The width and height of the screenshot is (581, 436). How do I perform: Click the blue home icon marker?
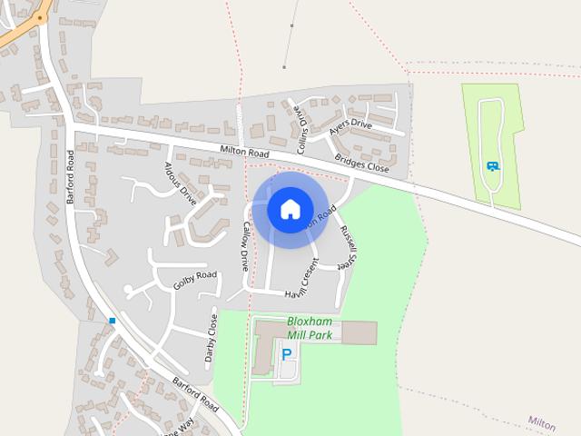click(290, 210)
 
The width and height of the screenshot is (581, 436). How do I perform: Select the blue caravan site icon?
click(492, 165)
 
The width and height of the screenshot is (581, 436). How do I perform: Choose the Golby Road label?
click(195, 280)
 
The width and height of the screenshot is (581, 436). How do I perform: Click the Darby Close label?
click(212, 338)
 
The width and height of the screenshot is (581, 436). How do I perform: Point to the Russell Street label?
click(345, 245)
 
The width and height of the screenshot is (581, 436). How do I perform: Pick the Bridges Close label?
click(361, 163)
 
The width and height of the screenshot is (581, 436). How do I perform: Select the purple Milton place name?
click(541, 423)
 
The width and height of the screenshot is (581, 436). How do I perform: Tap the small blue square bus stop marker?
click(113, 321)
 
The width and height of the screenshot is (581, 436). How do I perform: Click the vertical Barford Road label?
click(72, 177)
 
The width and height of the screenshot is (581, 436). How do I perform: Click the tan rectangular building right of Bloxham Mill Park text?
click(359, 332)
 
